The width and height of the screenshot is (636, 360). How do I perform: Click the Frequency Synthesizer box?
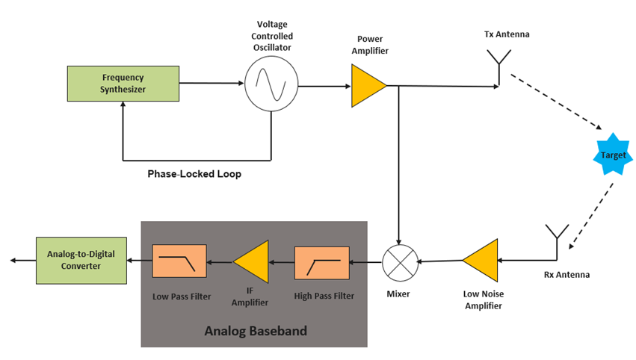pos(123,84)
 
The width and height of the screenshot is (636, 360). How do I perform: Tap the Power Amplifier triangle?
pos(366,85)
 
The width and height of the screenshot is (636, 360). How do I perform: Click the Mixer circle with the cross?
pos(399,261)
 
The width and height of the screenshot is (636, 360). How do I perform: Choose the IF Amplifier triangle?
pos(253,261)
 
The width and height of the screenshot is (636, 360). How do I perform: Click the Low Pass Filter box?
pos(179,261)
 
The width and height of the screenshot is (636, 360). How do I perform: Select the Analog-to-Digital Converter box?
pos(81,260)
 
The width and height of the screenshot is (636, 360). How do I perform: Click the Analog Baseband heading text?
pos(256,330)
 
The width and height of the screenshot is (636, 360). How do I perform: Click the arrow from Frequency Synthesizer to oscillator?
pos(212,83)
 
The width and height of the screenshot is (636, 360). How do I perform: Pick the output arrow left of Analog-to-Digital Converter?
pos(22,260)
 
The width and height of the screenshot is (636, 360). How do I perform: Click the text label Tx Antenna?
pos(507,34)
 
